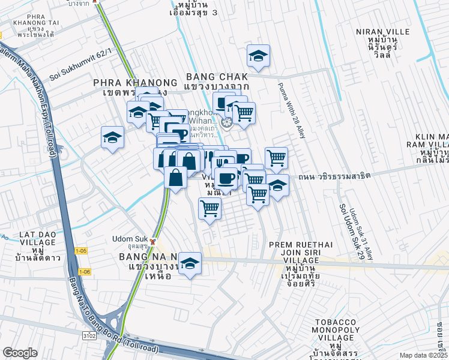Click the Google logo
[x=20, y=353]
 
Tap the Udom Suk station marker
[x=153, y=242]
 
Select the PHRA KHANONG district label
[x=135, y=83]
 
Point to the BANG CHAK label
[x=217, y=77]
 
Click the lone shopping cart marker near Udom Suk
[x=209, y=209]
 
